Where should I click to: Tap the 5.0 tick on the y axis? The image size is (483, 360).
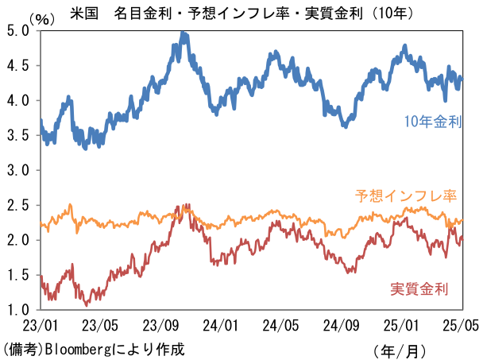coord(17,31)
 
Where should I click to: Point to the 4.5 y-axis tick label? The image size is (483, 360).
coord(17,66)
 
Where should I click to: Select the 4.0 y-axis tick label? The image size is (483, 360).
coord(17,101)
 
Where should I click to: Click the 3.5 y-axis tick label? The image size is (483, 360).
coord(17,136)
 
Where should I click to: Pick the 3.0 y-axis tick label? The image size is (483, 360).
coord(17,170)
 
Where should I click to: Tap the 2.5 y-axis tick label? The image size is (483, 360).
coord(17,205)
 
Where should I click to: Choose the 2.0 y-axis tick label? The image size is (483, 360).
coord(17,240)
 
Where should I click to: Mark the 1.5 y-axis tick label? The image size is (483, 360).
coord(17,275)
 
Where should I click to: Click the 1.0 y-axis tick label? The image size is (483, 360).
coord(17,309)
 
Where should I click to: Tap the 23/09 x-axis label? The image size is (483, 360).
coord(161,325)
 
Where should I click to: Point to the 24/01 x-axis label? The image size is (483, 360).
coord(222,325)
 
